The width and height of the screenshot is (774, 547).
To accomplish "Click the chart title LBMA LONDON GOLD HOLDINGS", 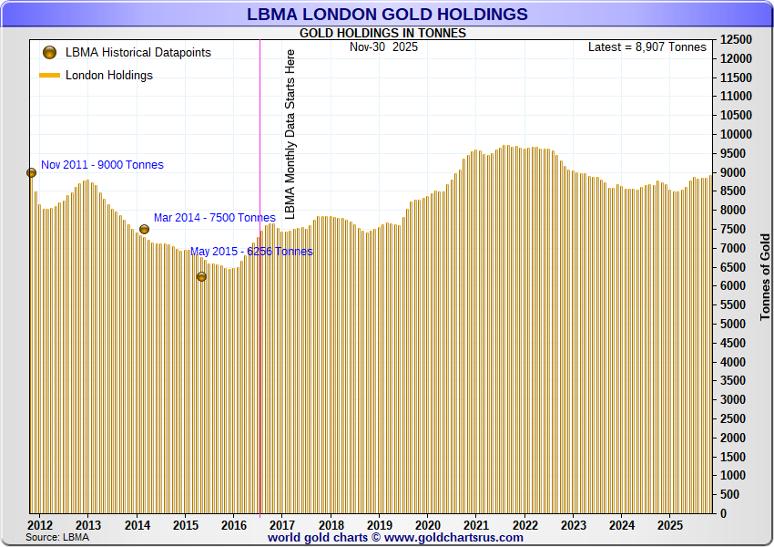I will pos(387,14).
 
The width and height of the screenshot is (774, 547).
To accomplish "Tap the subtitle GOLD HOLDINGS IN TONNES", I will pos(382,34).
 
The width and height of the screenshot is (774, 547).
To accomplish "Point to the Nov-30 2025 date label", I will pos(383,46).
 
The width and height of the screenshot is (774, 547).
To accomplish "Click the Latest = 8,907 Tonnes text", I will pos(647,46).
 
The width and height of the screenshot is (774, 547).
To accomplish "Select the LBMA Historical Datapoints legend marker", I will pos(49,53).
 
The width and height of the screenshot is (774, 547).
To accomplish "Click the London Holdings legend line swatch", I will pos(49,76).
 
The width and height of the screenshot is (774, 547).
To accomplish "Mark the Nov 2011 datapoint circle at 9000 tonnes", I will pos(31,172).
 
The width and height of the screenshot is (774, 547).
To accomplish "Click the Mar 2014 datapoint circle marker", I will pos(144,230).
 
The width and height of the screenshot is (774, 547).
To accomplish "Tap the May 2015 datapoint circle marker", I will pos(201,276).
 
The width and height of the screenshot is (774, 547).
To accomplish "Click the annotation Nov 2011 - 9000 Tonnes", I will pos(102,165).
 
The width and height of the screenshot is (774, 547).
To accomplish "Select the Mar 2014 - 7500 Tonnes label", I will pos(214,218).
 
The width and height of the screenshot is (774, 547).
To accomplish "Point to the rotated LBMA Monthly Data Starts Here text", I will pos(290,134).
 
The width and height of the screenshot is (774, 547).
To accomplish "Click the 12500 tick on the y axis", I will pos(736,40).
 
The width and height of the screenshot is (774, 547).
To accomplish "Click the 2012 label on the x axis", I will pos(40,526).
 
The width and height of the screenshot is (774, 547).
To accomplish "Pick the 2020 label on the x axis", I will pos(428,526).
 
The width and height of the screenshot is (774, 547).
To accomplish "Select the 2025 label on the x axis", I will pos(670,526).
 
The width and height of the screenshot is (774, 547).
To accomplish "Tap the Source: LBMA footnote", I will pos(57,538).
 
